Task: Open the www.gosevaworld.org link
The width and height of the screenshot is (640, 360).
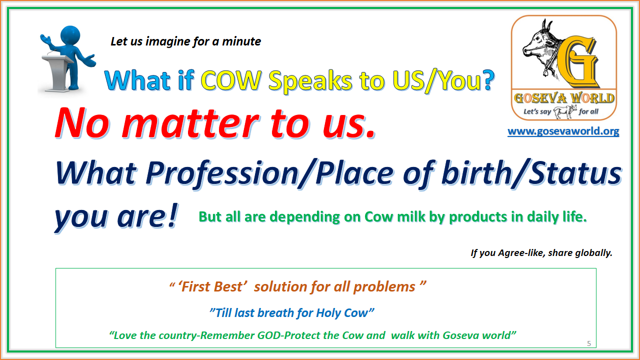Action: tap(563, 131)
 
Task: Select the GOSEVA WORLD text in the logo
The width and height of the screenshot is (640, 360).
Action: tap(563, 97)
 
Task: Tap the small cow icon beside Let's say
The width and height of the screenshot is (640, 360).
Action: tap(564, 111)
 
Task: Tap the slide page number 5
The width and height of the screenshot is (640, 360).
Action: tap(588, 343)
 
